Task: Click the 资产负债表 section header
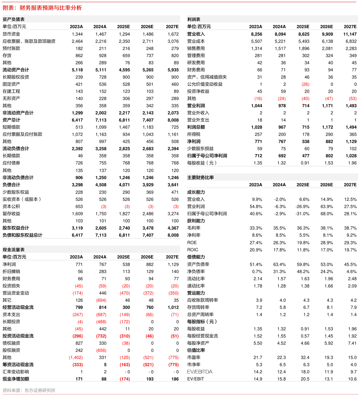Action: pyautogui.click(x=14, y=19)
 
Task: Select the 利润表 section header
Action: pyautogui.click(x=194, y=19)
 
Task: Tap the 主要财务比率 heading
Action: pyautogui.click(x=201, y=178)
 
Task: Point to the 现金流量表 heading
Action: pyautogui.click(x=14, y=249)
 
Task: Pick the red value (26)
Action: pyautogui.click(x=306, y=84)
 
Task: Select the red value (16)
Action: pyautogui.click(x=258, y=99)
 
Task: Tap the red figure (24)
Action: pyautogui.click(x=282, y=99)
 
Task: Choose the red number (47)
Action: pyautogui.click(x=329, y=99)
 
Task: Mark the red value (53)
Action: pyautogui.click(x=353, y=99)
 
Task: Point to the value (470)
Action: pyautogui.click(x=125, y=293)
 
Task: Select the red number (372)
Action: pyautogui.click(x=148, y=293)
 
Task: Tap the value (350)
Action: pyautogui.click(x=174, y=293)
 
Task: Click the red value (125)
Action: pyautogui.click(x=125, y=358)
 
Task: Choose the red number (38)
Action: pyautogui.click(x=126, y=343)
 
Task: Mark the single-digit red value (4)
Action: pyautogui.click(x=80, y=322)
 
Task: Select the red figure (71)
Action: pyautogui.click(x=175, y=315)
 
